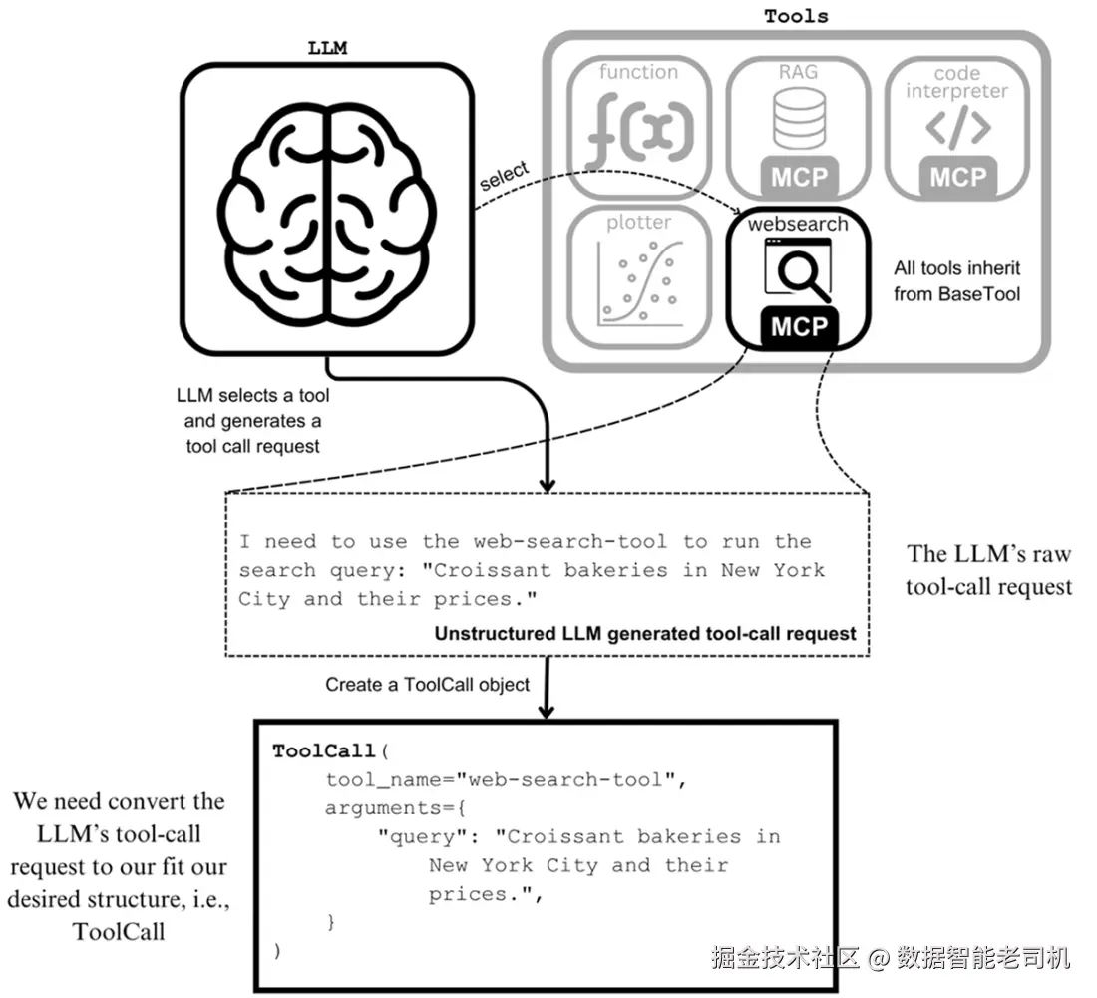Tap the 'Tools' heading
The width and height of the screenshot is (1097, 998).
[x=796, y=16]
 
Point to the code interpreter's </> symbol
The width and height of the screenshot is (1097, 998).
[x=957, y=128]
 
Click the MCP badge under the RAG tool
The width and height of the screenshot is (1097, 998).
[x=800, y=178]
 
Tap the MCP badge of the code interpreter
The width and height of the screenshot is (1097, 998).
[x=957, y=178]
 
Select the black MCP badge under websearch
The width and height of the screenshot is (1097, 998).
[x=800, y=326]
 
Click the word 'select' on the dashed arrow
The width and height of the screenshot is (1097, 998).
[x=505, y=176]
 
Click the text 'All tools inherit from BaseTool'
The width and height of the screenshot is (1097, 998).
[x=957, y=280]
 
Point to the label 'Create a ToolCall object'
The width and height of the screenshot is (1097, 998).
[x=428, y=686]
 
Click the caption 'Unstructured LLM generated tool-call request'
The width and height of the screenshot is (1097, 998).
[x=645, y=633]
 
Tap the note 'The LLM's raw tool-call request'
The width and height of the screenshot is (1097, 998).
[x=988, y=570]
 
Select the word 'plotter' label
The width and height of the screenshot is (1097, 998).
[x=639, y=223]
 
